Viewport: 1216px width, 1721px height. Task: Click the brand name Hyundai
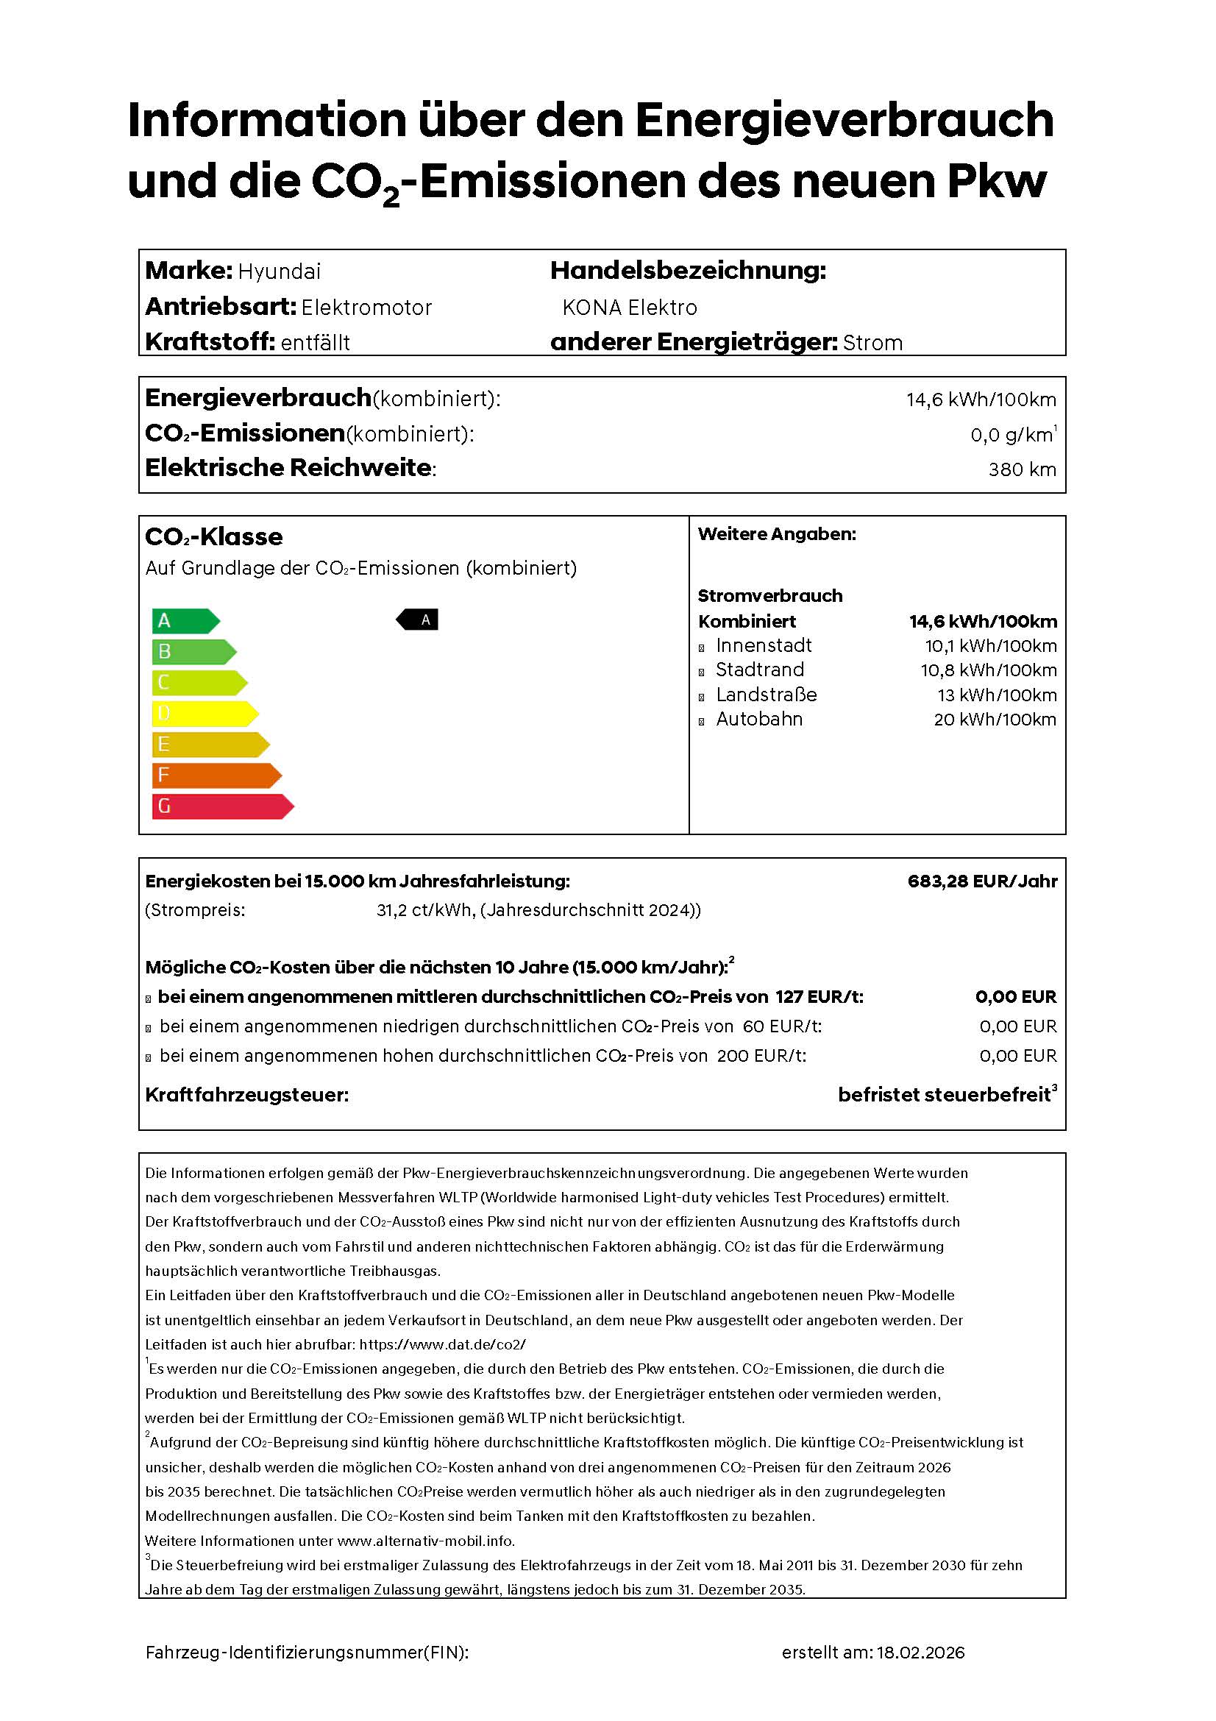click(279, 272)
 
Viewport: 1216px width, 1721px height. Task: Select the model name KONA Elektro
click(630, 308)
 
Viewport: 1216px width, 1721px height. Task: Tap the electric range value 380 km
click(1021, 469)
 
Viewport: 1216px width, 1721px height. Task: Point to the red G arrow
click(221, 806)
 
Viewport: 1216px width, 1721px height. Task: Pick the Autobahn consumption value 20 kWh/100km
click(995, 720)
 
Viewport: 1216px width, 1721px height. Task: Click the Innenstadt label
click(763, 645)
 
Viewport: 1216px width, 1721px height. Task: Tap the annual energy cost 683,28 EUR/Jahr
click(981, 881)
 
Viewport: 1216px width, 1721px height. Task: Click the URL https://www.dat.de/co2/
click(442, 1345)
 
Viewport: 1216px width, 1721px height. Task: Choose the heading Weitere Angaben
click(776, 534)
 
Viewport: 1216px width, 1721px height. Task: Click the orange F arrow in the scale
click(216, 775)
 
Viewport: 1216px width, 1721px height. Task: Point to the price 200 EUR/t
click(761, 1055)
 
